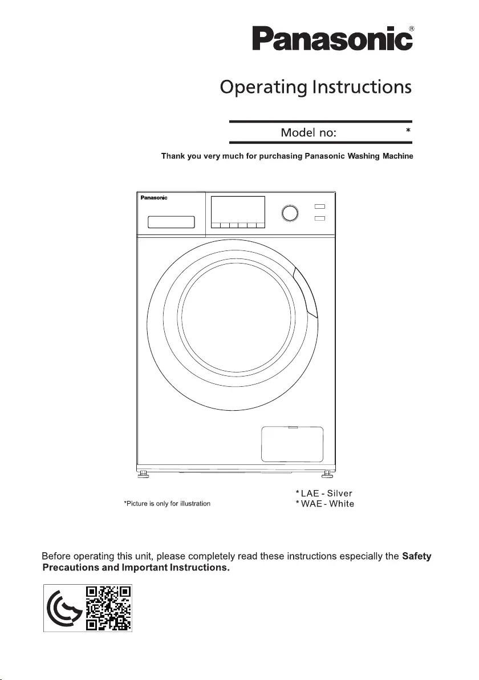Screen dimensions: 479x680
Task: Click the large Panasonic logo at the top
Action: (x=332, y=39)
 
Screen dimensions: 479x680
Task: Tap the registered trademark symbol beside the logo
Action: (x=411, y=29)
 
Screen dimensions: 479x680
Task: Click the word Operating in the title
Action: (x=263, y=87)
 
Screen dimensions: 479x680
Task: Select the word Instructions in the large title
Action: (x=362, y=87)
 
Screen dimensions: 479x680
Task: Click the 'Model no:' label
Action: (x=308, y=132)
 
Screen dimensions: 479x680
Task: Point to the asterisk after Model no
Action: (x=408, y=130)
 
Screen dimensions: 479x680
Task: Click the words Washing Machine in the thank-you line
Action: (x=380, y=156)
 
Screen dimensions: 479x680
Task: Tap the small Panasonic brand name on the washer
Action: (x=154, y=198)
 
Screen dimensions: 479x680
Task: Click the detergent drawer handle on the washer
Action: (x=171, y=222)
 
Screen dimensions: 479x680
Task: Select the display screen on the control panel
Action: (x=238, y=212)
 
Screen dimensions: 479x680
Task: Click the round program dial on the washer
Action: (x=290, y=213)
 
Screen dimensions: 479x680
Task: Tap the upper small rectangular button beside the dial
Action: (x=320, y=207)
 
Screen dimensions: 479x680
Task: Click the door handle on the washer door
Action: (x=307, y=293)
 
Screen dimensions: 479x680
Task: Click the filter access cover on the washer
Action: (x=292, y=444)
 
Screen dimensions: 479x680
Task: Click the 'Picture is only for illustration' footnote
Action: (x=167, y=504)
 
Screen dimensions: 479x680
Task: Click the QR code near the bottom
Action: (x=108, y=608)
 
